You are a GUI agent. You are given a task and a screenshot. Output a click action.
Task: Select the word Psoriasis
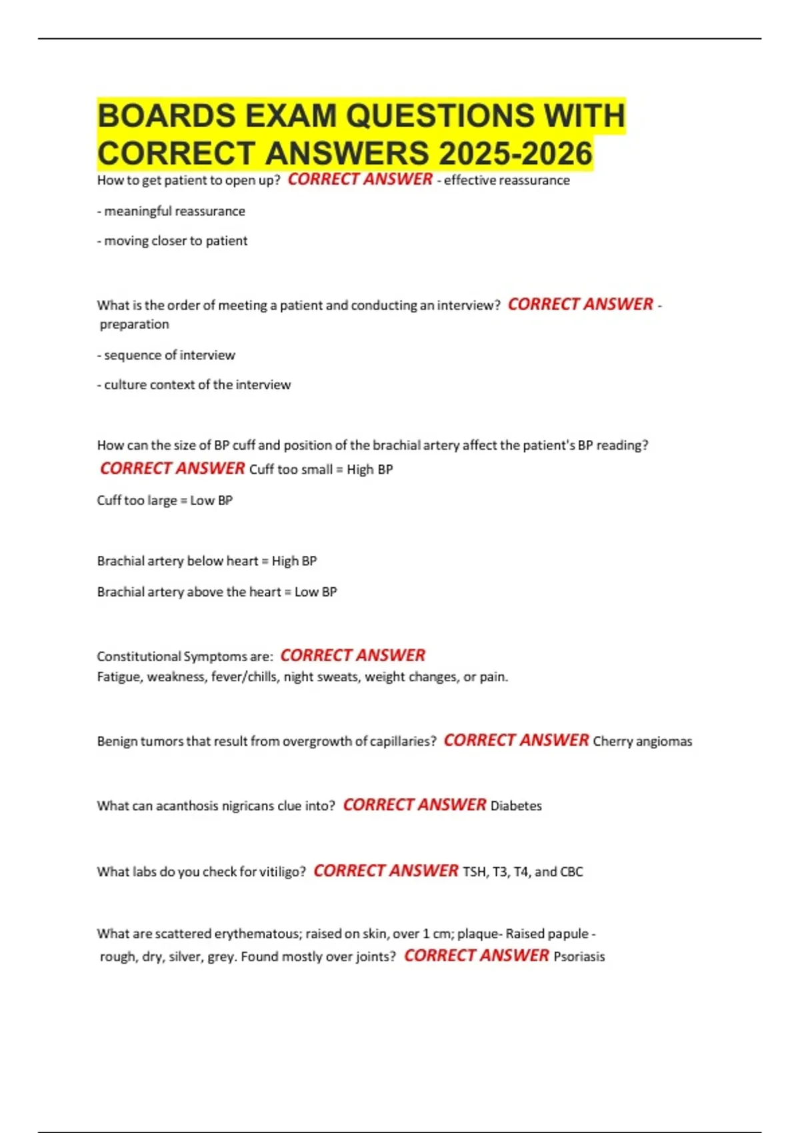[579, 956]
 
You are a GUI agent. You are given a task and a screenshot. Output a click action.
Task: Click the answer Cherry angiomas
[642, 741]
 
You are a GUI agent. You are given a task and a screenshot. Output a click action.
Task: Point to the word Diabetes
[516, 806]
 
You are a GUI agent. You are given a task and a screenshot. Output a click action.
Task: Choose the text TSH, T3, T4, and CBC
[523, 872]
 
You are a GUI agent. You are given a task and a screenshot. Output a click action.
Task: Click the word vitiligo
[280, 872]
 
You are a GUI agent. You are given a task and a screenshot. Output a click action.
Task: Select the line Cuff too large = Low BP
[165, 501]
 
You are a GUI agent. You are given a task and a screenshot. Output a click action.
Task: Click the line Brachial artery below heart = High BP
[207, 561]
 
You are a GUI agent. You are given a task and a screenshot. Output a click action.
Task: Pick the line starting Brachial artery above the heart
[217, 592]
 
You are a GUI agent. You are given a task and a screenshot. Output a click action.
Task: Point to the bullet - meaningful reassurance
[171, 211]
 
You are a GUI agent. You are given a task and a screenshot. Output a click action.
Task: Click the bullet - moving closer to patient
[172, 241]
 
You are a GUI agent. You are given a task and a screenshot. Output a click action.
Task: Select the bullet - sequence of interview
[166, 355]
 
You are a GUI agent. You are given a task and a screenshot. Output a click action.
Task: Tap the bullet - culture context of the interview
[194, 385]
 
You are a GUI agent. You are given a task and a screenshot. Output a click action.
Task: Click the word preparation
[134, 325]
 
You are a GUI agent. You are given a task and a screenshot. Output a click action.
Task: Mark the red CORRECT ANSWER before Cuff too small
[172, 469]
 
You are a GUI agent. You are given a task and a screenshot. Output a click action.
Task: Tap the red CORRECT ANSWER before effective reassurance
[360, 179]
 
